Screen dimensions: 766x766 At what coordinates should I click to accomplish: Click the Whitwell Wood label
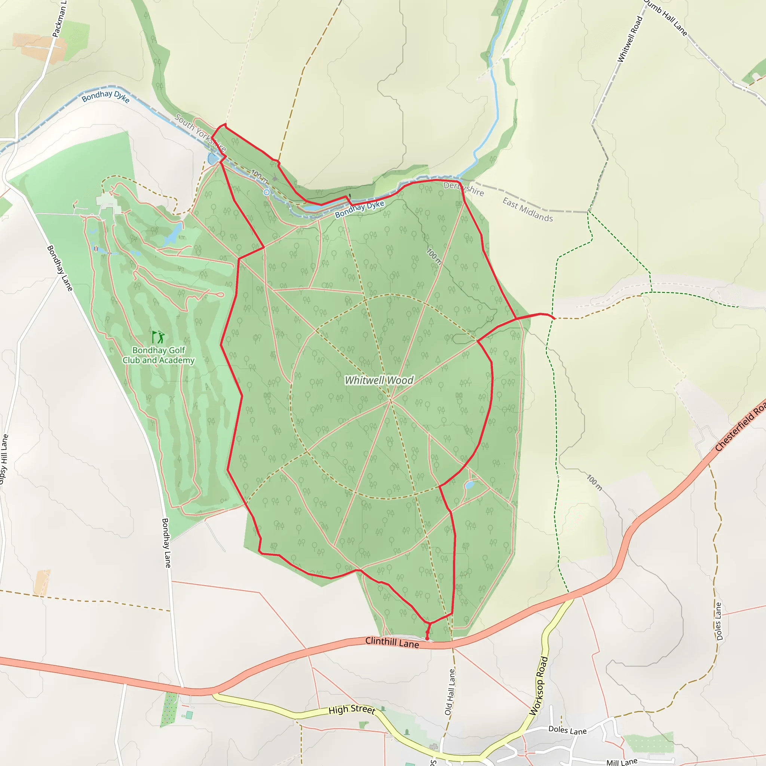click(379, 380)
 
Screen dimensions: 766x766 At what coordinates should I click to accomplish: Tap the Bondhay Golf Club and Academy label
click(159, 355)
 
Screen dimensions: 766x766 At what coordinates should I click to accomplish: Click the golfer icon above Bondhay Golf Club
click(159, 337)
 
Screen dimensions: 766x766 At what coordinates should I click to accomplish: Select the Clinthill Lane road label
click(392, 643)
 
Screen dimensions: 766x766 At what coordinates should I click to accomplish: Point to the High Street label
click(352, 710)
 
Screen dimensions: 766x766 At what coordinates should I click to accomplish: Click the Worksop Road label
click(539, 686)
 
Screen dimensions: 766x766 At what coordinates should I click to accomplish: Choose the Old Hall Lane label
click(450, 692)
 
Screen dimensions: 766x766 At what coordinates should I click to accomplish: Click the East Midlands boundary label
click(527, 209)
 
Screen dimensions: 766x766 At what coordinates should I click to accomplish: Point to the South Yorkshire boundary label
click(200, 133)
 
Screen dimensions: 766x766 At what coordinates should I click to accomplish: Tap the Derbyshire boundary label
click(463, 189)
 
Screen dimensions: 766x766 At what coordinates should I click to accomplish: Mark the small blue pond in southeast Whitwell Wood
click(469, 485)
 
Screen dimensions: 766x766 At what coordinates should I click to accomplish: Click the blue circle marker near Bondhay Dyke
click(267, 192)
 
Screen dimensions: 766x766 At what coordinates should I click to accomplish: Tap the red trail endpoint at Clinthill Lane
click(427, 639)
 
